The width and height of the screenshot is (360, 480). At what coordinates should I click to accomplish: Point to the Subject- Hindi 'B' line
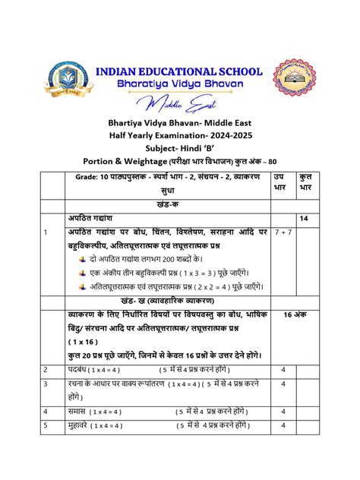(x=180, y=147)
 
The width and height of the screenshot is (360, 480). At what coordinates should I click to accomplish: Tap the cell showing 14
(x=304, y=219)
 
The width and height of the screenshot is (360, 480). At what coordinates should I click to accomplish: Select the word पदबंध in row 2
(x=79, y=369)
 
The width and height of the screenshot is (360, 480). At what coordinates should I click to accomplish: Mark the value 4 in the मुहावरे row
(x=283, y=427)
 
